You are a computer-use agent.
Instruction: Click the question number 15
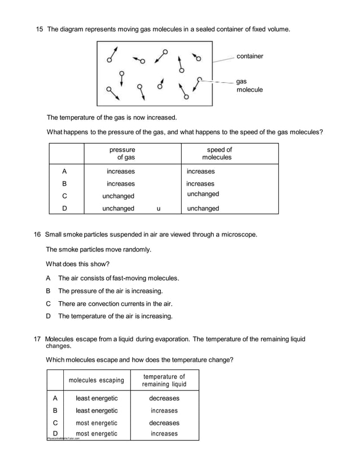39,28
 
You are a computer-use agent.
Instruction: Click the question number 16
38,234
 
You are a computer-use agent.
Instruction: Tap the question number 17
38,339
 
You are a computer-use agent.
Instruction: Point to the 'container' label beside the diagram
249,56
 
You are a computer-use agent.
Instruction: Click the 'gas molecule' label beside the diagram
249,86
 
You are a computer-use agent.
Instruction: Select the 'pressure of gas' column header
122,153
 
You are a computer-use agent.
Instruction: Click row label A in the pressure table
64,171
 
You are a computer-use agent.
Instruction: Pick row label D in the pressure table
64,208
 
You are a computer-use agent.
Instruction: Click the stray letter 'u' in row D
159,209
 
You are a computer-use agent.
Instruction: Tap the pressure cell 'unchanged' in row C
118,196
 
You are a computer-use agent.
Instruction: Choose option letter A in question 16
49,278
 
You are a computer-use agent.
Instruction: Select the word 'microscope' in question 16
239,234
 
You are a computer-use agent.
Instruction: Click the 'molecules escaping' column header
96,380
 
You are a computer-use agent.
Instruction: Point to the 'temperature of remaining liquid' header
164,380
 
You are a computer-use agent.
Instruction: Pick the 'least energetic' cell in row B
96,411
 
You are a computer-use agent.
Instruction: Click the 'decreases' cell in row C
164,423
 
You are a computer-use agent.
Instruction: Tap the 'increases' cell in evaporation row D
164,434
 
